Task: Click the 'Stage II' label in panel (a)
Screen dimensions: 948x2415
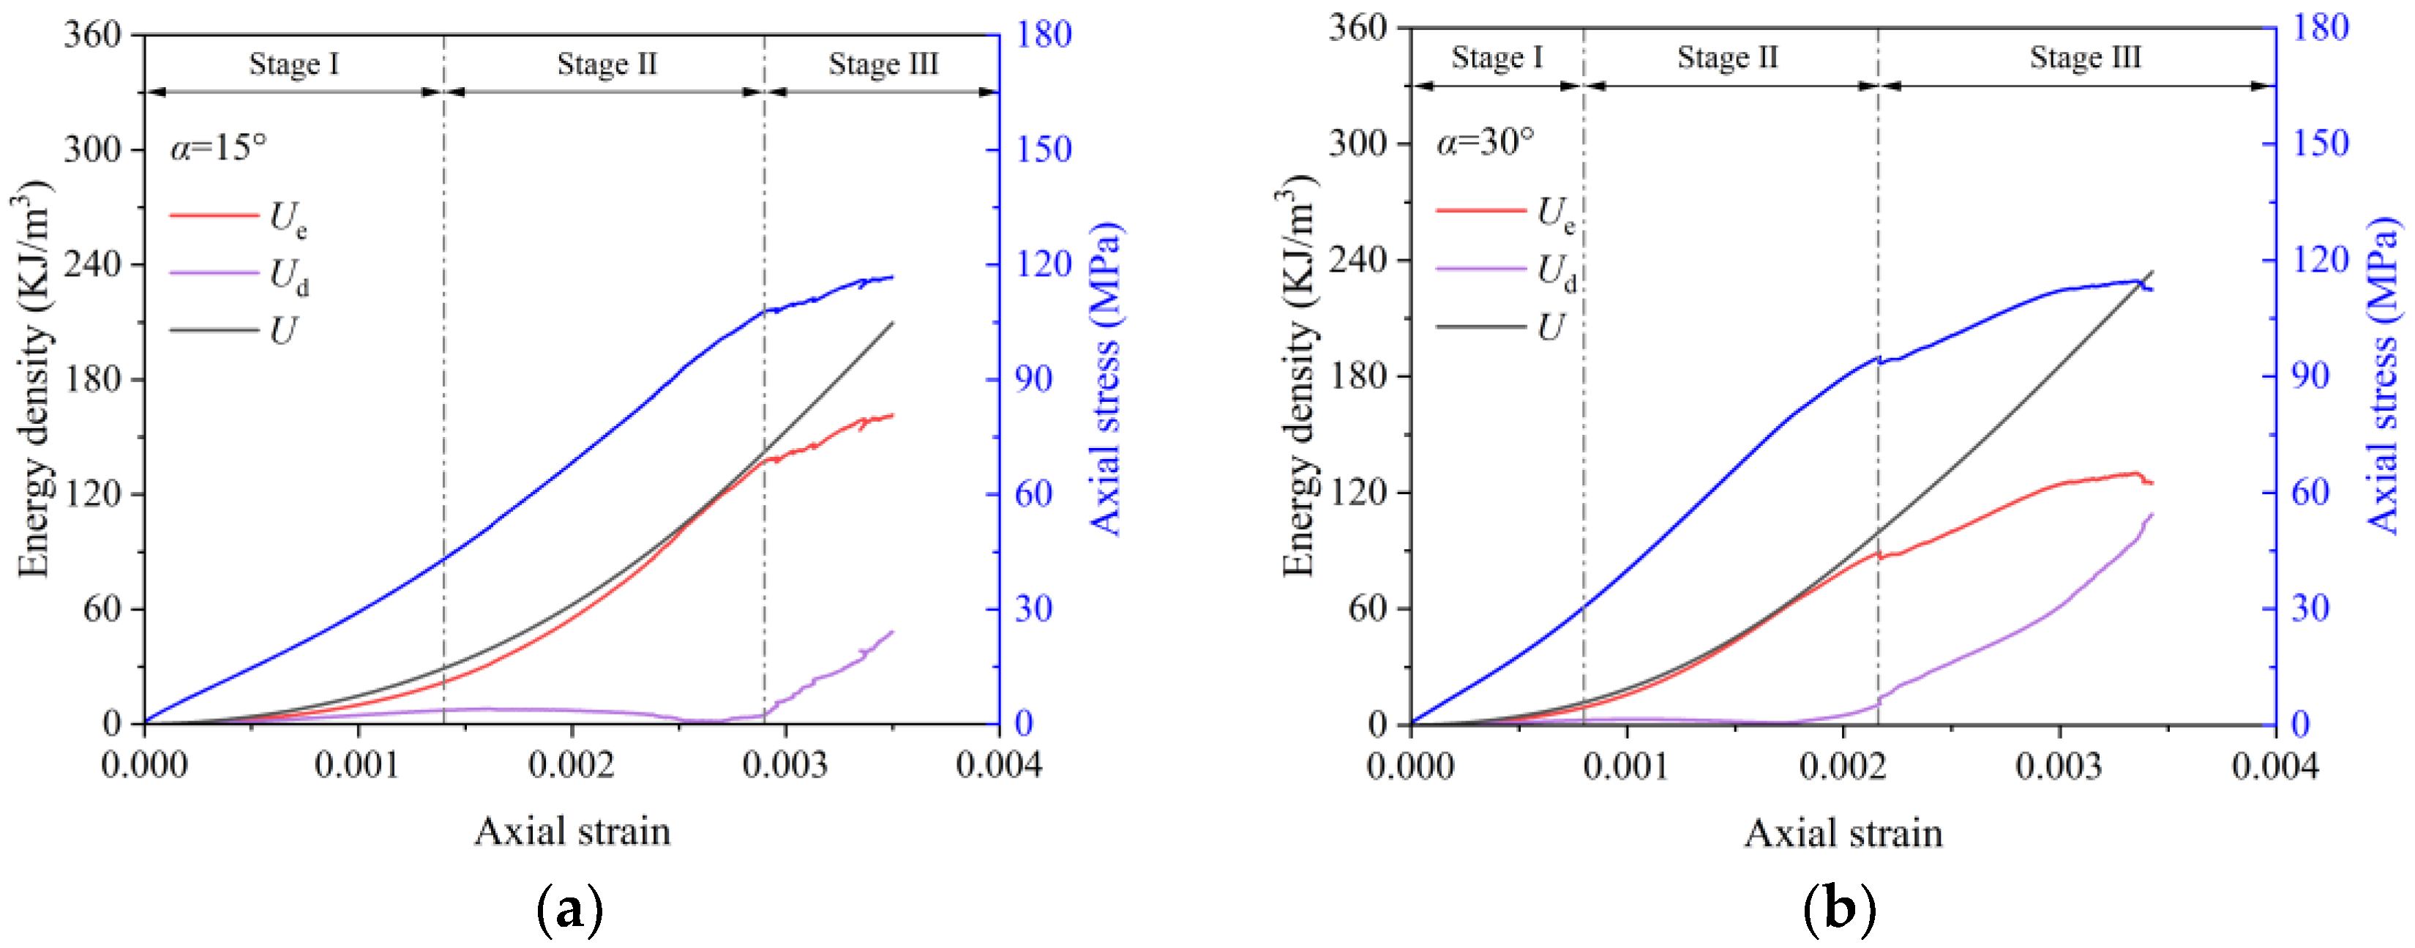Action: [607, 64]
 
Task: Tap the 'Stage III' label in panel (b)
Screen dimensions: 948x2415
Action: [2085, 57]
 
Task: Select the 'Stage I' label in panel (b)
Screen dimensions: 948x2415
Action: [1497, 57]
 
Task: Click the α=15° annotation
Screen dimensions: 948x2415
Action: [218, 147]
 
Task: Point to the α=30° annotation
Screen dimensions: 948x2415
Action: [1485, 141]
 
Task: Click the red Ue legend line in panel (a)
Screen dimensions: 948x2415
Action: [214, 216]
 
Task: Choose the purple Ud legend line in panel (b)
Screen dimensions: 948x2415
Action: [1480, 269]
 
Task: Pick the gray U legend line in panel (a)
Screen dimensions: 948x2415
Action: [214, 330]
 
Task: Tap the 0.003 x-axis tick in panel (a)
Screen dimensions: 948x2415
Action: [785, 765]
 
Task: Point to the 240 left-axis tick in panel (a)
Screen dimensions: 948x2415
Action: [93, 264]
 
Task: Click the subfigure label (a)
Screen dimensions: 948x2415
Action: [569, 908]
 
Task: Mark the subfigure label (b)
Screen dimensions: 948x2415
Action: [1838, 908]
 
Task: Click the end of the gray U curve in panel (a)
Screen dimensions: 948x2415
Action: [893, 323]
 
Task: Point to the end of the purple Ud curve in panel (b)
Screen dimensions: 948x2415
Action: [2152, 514]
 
